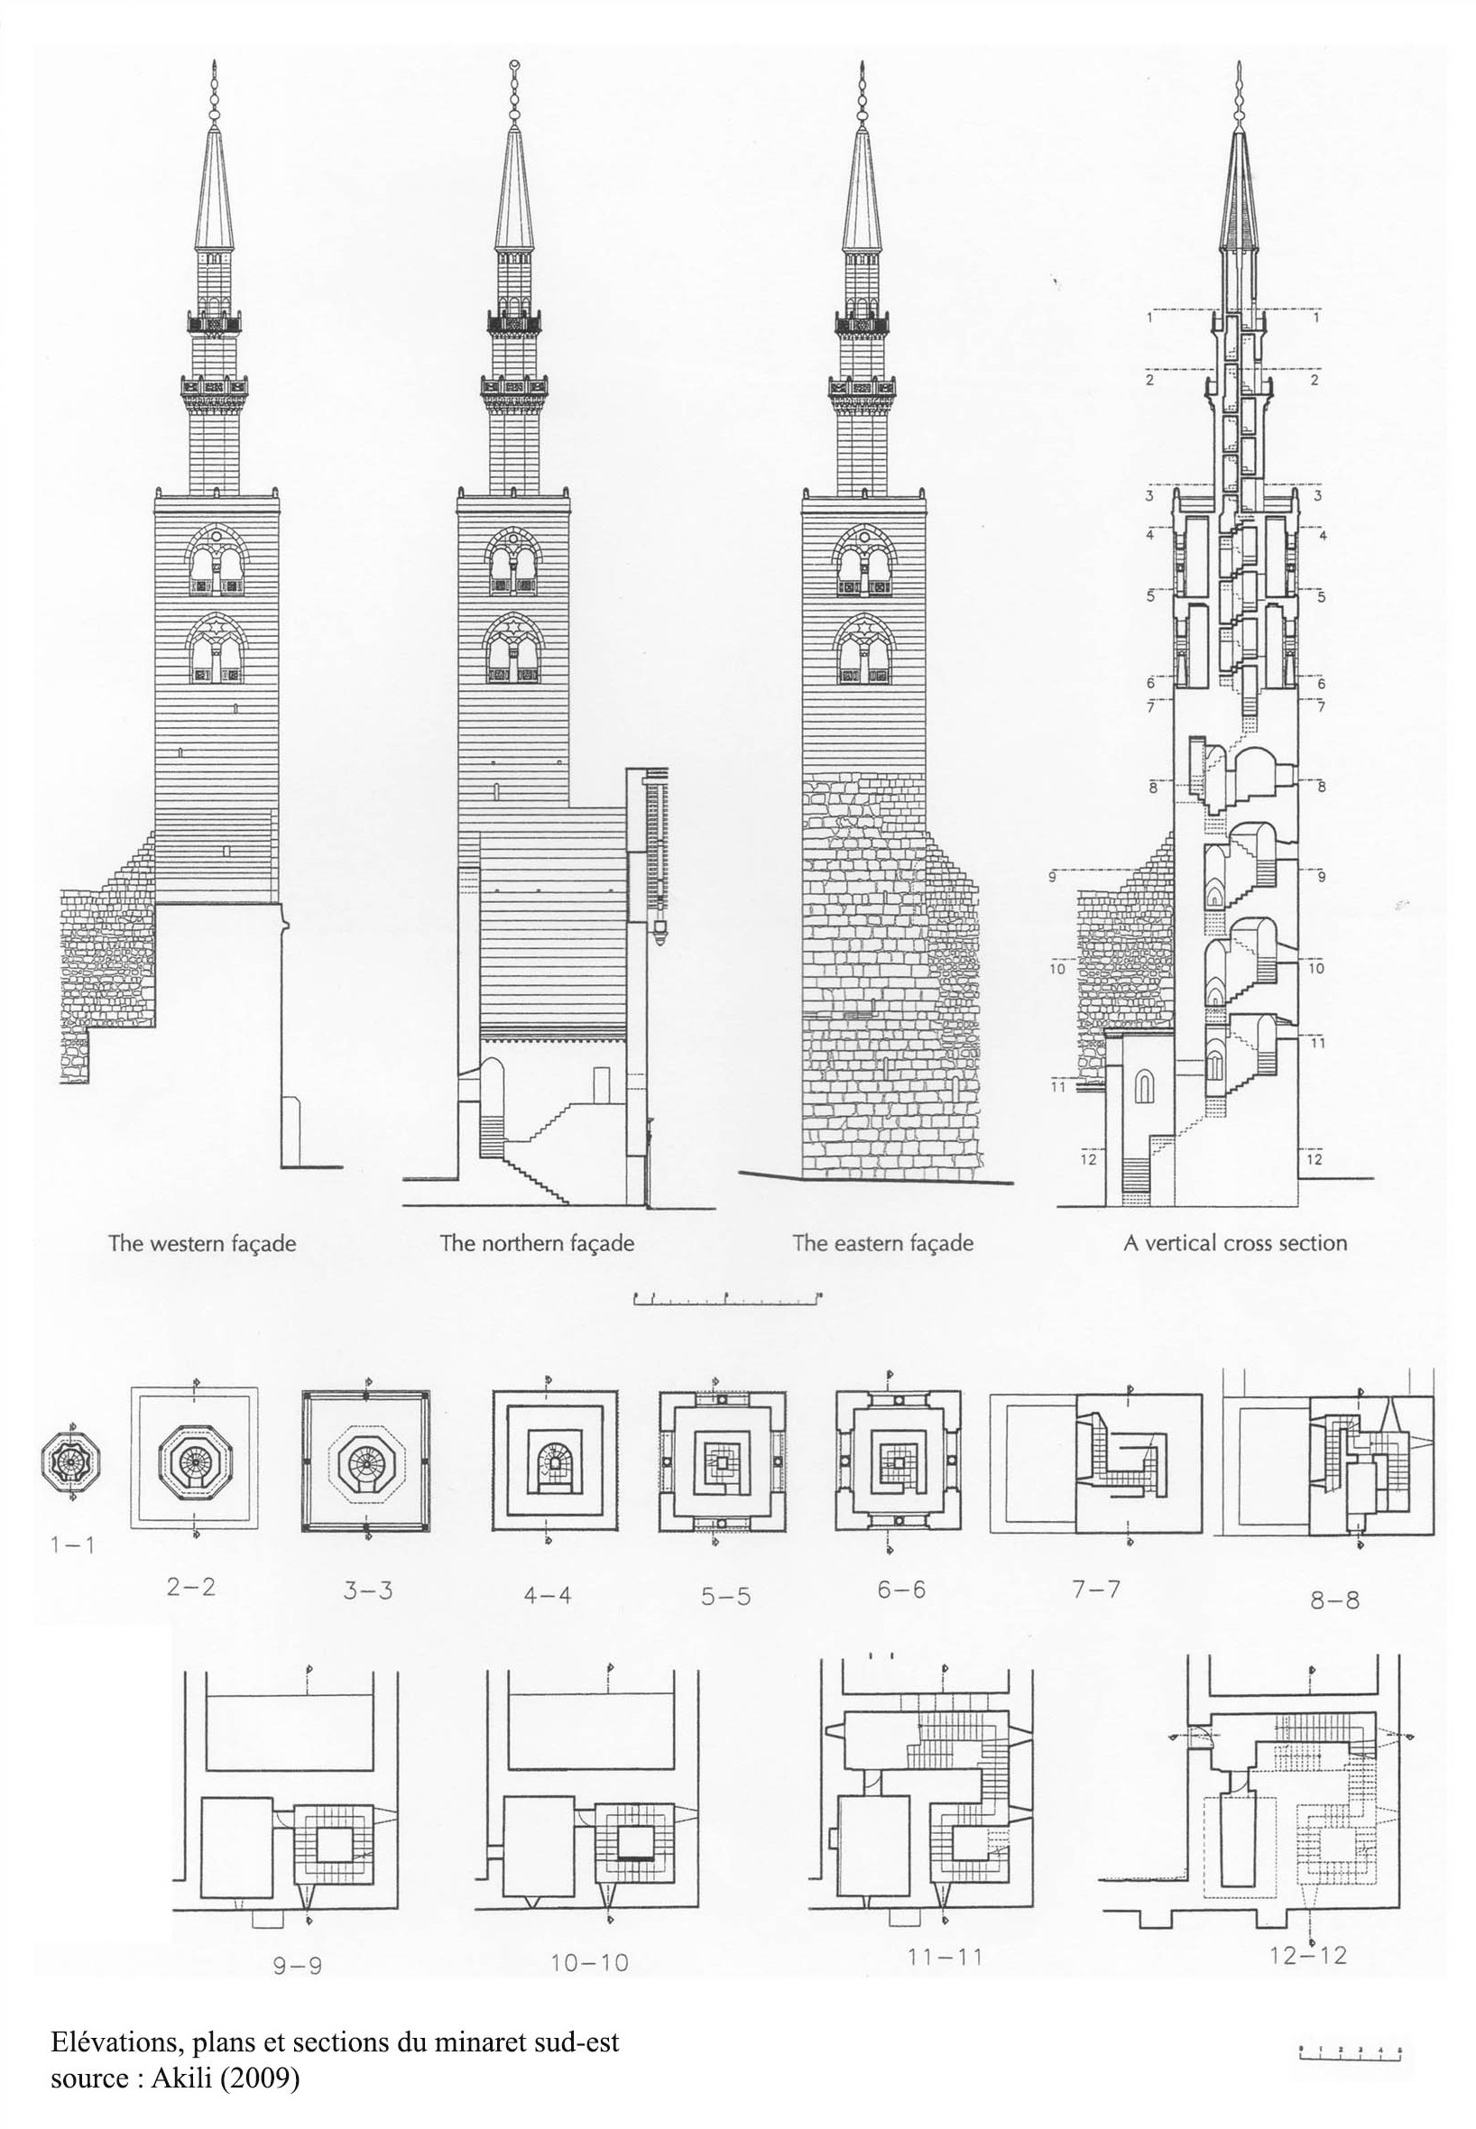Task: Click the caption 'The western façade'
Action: pos(202,1242)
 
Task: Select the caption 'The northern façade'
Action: pos(537,1242)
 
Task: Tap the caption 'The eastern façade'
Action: pos(882,1242)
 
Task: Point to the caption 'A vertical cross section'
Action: pos(1234,1242)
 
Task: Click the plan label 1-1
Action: pos(72,1544)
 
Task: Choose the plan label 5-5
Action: pos(725,1596)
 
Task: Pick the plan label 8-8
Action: pos(1334,1599)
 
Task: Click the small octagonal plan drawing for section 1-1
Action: pos(71,1461)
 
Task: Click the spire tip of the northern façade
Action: pos(515,67)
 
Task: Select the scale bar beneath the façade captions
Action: pos(727,1300)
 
